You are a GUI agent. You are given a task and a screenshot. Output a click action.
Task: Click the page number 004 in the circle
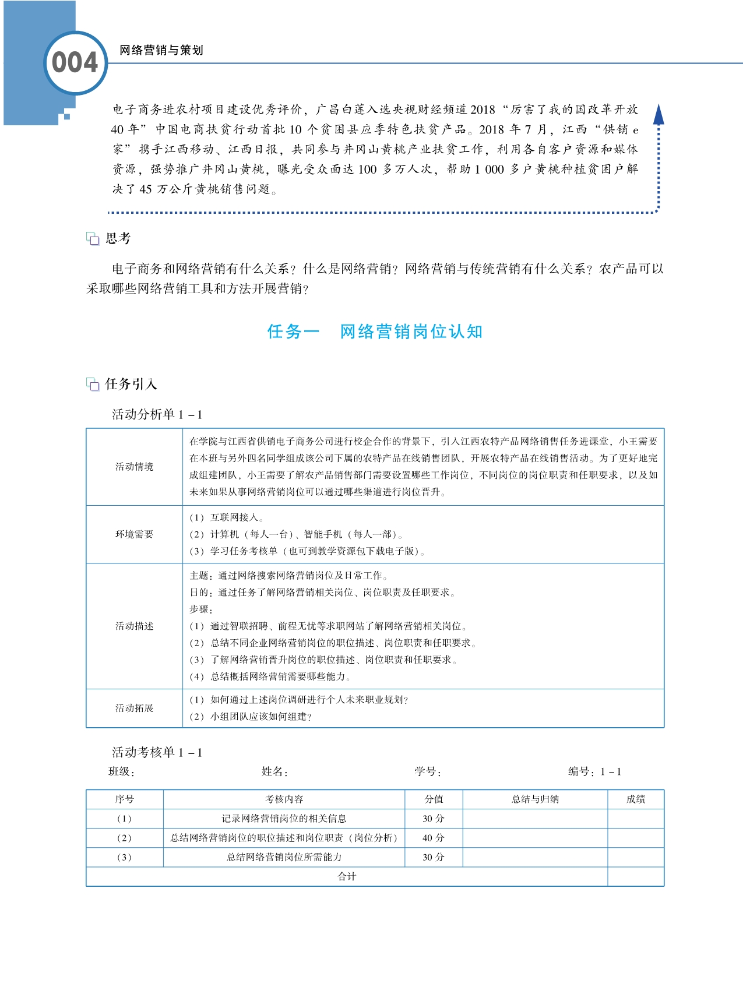[75, 63]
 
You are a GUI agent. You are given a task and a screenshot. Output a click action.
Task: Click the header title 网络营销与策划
[161, 51]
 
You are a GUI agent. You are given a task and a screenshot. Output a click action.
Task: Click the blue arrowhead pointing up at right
[659, 114]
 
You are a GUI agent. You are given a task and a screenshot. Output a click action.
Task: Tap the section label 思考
[118, 238]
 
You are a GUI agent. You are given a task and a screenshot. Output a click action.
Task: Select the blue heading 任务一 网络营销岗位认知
[375, 332]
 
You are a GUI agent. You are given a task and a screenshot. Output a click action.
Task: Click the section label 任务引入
[131, 384]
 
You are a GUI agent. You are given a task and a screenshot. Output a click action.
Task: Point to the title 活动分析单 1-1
[157, 414]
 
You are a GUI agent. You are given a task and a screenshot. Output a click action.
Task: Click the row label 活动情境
[135, 467]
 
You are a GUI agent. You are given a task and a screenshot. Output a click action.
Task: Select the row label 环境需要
[135, 534]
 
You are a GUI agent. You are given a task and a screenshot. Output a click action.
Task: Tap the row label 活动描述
[135, 626]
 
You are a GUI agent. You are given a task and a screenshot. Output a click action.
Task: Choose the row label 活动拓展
[135, 708]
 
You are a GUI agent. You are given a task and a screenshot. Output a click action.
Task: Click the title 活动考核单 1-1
[157, 752]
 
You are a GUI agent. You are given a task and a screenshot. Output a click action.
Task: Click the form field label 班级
[122, 772]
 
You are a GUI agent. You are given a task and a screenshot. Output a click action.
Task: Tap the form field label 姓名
[274, 772]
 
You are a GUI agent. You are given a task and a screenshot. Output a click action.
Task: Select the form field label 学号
[428, 772]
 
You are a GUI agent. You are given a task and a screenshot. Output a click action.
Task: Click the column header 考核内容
[284, 799]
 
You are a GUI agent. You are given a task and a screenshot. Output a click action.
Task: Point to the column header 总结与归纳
[535, 799]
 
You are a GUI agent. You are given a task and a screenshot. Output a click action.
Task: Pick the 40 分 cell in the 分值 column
[434, 838]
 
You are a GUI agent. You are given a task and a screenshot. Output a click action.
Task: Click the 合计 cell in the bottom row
[347, 876]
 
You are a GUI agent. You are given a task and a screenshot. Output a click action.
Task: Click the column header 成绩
[636, 799]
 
